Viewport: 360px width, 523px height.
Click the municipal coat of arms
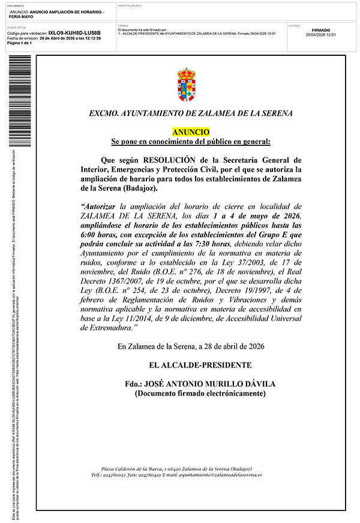186,84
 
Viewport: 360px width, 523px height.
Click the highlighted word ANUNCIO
191,131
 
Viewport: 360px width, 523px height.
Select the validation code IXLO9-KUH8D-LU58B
74,33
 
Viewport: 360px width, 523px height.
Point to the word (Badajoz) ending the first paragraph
139,189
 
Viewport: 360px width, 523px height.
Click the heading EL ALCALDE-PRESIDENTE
200,365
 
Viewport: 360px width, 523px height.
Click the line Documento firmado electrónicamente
200,393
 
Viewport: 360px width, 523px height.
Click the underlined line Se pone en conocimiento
191,142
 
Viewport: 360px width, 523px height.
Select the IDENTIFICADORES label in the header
130,5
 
